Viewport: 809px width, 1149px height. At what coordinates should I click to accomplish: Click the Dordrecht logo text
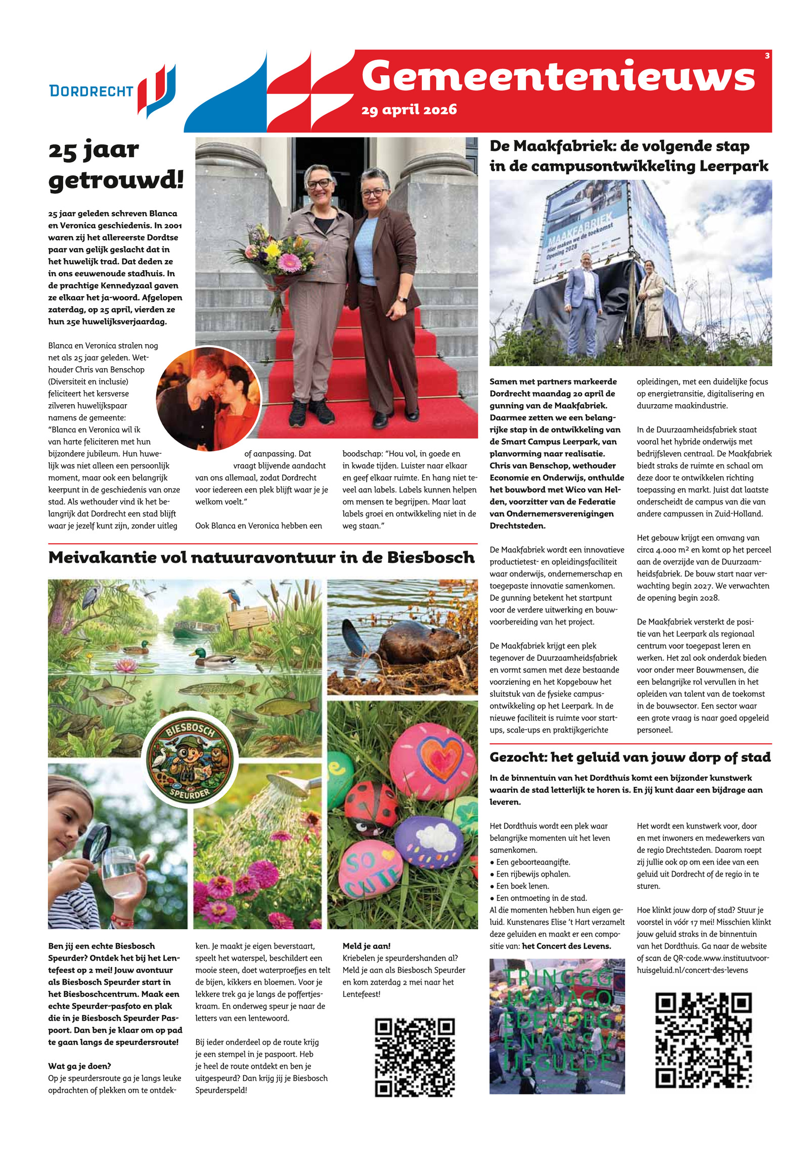coord(91,91)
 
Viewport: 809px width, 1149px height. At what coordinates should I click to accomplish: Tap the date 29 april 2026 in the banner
coord(409,110)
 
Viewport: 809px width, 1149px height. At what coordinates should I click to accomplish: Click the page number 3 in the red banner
coord(767,56)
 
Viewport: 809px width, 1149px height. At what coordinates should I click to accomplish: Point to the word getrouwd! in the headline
coord(116,180)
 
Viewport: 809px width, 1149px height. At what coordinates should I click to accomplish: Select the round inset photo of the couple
coord(208,399)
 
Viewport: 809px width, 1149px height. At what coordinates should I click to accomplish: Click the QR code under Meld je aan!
coord(414,1058)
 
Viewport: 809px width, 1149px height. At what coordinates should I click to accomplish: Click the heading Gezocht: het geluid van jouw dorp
coord(630,757)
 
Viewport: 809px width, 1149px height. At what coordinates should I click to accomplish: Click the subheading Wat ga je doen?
coord(79,1066)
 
